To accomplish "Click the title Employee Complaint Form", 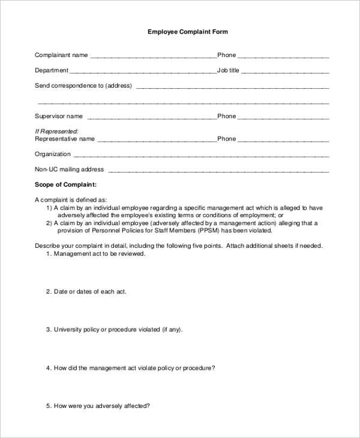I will pos(188,32).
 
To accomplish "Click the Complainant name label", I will pos(61,55).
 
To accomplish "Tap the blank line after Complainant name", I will pos(153,56).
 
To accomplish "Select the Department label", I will pos(52,70).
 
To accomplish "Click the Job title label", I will pos(228,70).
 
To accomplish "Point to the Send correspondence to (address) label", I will pos(83,85).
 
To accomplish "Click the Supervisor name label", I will pos(59,116).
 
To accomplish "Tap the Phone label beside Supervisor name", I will pos(226,116).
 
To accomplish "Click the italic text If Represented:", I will pos(56,131).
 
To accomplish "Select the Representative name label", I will pos(65,139).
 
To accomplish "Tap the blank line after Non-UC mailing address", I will pos(218,170).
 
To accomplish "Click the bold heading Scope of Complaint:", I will pos(65,185).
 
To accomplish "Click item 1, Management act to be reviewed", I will pos(99,254).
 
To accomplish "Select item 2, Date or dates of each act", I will pos(89,292).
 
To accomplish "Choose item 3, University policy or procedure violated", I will pos(118,329).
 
